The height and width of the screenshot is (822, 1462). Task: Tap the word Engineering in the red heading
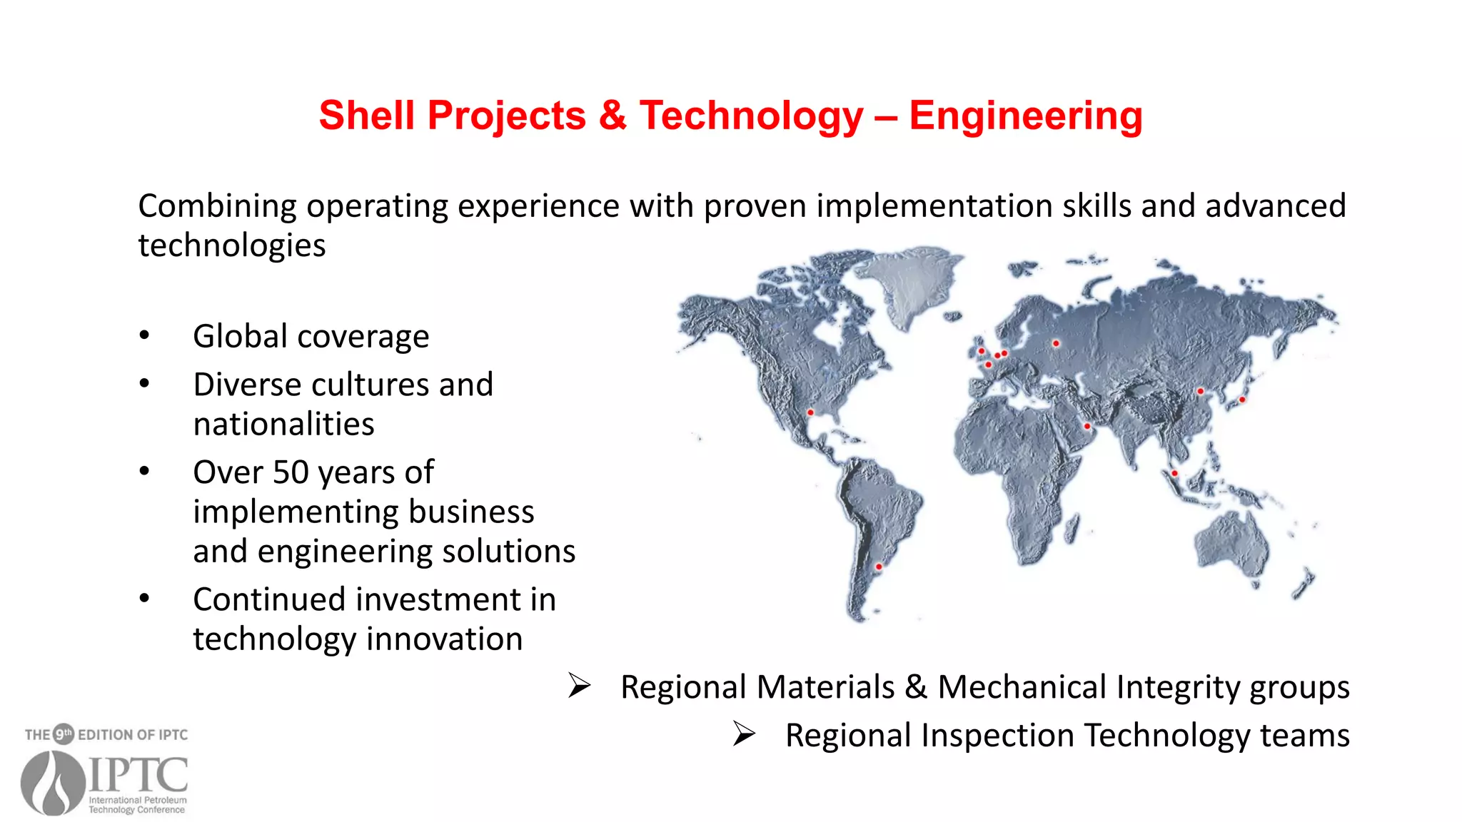coord(1025,116)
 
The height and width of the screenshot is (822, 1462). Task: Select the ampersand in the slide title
coord(612,116)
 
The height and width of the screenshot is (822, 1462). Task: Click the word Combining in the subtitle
coord(217,206)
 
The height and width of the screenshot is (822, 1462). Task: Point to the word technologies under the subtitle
coord(231,245)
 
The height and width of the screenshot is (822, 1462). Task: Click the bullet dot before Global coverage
coord(145,335)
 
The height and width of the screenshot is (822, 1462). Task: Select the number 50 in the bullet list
coord(291,472)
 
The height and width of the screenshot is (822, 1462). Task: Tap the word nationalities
coord(283,425)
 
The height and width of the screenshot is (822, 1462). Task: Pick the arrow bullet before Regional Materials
coord(579,686)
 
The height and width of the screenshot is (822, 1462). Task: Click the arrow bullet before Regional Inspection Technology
coord(744,734)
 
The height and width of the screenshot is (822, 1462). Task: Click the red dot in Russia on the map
coord(1056,343)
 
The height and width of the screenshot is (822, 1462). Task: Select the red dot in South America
coord(879,567)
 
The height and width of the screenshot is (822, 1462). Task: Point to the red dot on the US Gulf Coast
coord(810,412)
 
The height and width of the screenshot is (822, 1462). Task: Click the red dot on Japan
coord(1242,400)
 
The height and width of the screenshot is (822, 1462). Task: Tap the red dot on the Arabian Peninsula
coord(1087,426)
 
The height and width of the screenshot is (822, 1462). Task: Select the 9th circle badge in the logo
coord(64,734)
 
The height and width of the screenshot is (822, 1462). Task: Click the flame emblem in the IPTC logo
coord(53,782)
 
